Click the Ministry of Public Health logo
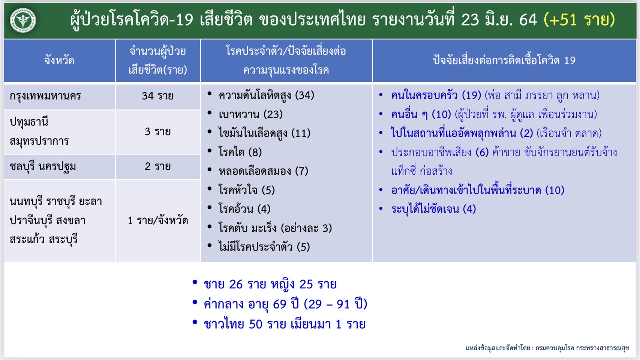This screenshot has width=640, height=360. [x=23, y=20]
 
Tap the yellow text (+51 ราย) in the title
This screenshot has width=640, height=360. [x=579, y=19]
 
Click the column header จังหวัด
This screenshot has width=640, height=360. [x=59, y=61]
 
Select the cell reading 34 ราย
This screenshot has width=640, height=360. [x=158, y=96]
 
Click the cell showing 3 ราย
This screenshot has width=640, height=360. [x=158, y=132]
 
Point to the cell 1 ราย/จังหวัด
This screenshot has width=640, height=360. [x=158, y=220]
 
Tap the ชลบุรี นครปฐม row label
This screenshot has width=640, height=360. [x=43, y=166]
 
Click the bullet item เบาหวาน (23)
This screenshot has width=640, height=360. [x=250, y=114]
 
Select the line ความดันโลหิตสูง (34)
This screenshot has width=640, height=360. [x=266, y=95]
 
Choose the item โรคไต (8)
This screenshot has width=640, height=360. [x=240, y=152]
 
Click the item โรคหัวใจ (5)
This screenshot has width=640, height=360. [x=247, y=190]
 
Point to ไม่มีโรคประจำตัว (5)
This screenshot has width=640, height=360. [x=264, y=247]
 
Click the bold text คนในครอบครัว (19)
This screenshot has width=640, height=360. [x=436, y=95]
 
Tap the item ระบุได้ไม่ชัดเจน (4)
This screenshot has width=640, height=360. [x=433, y=209]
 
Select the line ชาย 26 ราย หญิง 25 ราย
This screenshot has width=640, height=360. [x=270, y=284]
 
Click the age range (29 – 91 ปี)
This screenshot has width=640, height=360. [x=336, y=304]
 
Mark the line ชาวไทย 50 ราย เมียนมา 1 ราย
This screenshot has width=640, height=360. [x=285, y=324]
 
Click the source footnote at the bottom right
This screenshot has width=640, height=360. [x=547, y=348]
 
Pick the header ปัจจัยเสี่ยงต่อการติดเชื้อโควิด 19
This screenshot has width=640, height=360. [x=504, y=61]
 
